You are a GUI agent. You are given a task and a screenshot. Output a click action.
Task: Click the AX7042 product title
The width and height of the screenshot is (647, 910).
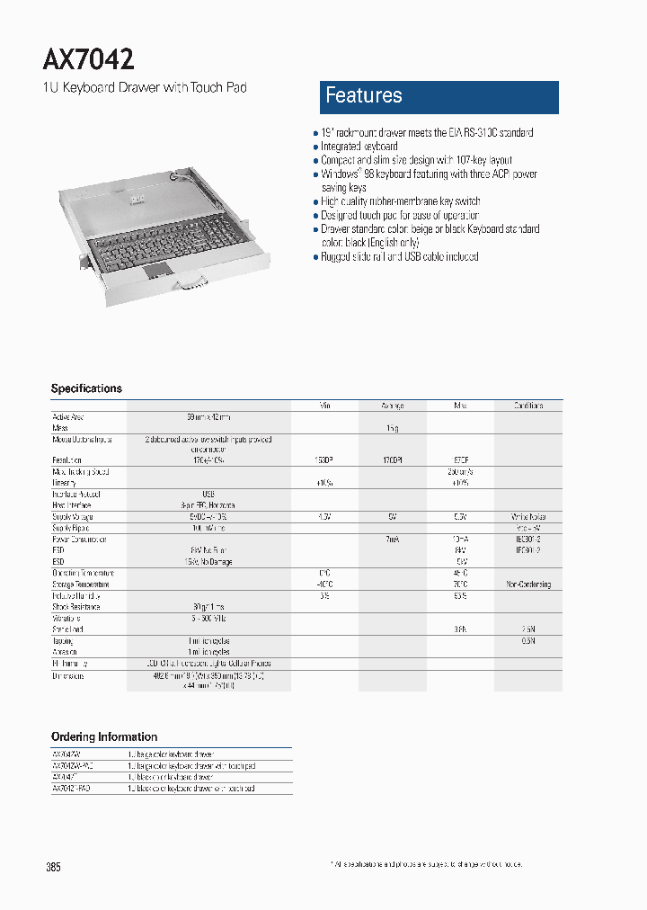pyautogui.click(x=89, y=59)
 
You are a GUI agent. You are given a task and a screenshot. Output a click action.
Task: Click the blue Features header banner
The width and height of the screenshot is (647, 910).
pyautogui.click(x=439, y=97)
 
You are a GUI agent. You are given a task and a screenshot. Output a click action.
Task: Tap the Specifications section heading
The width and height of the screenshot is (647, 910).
pyautogui.click(x=86, y=388)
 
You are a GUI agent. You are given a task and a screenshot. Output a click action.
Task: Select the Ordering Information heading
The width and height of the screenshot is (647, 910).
pyautogui.click(x=104, y=736)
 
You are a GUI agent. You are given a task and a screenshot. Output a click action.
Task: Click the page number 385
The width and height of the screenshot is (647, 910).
pyautogui.click(x=53, y=868)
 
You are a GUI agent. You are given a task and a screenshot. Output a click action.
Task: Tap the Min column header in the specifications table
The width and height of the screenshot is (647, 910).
pyautogui.click(x=325, y=406)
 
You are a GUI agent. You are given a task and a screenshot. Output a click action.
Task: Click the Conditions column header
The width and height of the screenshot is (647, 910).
pyautogui.click(x=528, y=406)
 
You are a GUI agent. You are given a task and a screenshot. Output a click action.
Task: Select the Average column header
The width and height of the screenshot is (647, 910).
pyautogui.click(x=392, y=406)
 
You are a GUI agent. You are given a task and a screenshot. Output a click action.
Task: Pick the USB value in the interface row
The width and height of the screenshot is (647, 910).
pyautogui.click(x=208, y=494)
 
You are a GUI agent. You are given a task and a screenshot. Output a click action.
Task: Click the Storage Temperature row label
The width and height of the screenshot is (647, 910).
pyautogui.click(x=80, y=584)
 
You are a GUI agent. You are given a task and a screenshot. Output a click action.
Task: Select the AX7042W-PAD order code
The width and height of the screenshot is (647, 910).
pyautogui.click(x=73, y=765)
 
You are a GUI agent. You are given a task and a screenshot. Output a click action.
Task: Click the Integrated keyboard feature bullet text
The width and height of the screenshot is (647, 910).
pyautogui.click(x=359, y=146)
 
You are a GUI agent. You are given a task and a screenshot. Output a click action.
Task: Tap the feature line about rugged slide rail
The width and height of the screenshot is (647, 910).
pyautogui.click(x=400, y=256)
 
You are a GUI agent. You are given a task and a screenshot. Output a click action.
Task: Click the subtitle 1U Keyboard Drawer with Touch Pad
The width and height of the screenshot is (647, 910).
pyautogui.click(x=145, y=87)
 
